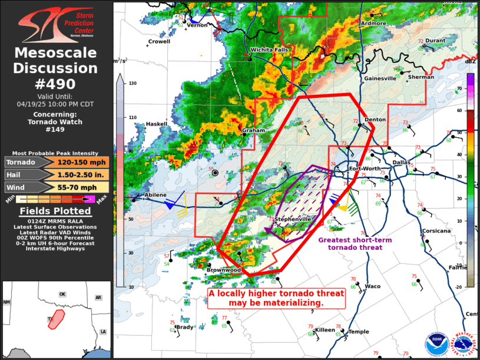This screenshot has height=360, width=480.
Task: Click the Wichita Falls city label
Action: click(x=270, y=50)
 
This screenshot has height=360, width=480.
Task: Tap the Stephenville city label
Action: click(x=293, y=219)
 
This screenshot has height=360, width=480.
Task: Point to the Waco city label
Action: click(x=372, y=286)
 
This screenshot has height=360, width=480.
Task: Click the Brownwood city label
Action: click(x=223, y=270)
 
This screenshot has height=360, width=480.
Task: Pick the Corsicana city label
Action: click(x=436, y=231)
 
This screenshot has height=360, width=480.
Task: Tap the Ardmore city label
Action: click(x=373, y=24)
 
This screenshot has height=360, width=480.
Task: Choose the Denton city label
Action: click(x=375, y=120)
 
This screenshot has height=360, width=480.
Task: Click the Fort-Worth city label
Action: click(x=365, y=169)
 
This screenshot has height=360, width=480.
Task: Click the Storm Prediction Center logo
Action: click(x=57, y=22)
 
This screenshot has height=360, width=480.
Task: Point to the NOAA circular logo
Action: click(x=436, y=344)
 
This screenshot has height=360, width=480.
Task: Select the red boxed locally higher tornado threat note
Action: click(x=276, y=298)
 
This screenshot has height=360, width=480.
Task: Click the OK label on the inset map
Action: click(x=62, y=293)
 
